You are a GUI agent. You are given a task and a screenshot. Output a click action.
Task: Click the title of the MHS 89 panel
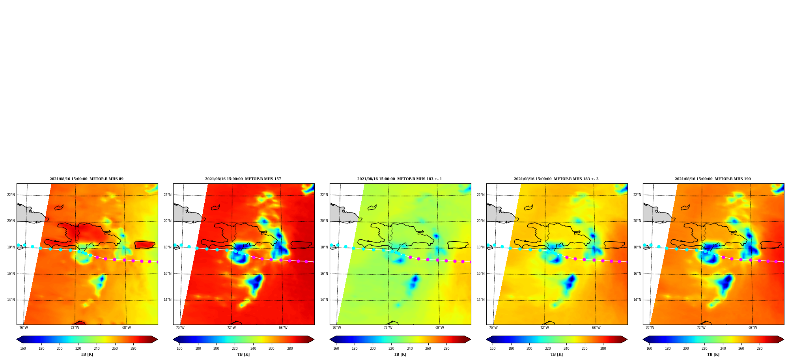click(86, 179)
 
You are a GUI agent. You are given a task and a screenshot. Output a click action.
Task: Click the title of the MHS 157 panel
click(243, 179)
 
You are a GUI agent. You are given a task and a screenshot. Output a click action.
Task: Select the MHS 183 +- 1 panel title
click(400, 179)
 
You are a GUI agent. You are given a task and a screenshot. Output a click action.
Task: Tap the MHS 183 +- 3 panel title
click(556, 179)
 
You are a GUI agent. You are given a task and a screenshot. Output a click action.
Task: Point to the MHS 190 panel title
click(713, 179)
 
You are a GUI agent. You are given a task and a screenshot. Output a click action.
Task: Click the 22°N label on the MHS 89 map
click(11, 195)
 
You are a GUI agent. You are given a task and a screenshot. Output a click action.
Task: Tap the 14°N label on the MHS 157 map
click(168, 300)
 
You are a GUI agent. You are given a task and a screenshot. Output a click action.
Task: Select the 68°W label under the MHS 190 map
click(753, 328)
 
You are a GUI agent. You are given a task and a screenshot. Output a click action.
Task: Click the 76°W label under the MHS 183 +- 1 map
click(337, 328)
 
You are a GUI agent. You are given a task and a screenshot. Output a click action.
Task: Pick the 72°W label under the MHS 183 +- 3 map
click(545, 328)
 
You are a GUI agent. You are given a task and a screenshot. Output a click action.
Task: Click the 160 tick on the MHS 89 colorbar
click(23, 349)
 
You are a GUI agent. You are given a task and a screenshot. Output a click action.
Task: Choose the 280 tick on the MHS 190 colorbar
click(760, 349)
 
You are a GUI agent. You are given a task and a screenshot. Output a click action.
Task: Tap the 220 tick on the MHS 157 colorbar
click(235, 349)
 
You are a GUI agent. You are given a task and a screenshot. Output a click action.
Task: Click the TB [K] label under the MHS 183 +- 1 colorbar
click(400, 354)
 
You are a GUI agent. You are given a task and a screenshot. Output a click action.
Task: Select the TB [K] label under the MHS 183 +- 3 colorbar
click(557, 354)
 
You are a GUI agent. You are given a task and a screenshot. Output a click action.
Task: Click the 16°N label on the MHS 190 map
click(637, 274)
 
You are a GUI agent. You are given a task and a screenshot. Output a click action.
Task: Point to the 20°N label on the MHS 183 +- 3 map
click(481, 221)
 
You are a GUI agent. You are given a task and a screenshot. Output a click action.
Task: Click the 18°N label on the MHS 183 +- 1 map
click(324, 247)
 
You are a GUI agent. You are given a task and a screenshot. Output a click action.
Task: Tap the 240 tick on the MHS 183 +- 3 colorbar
click(566, 349)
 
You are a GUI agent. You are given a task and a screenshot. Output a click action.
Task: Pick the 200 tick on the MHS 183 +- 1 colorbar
click(373, 349)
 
